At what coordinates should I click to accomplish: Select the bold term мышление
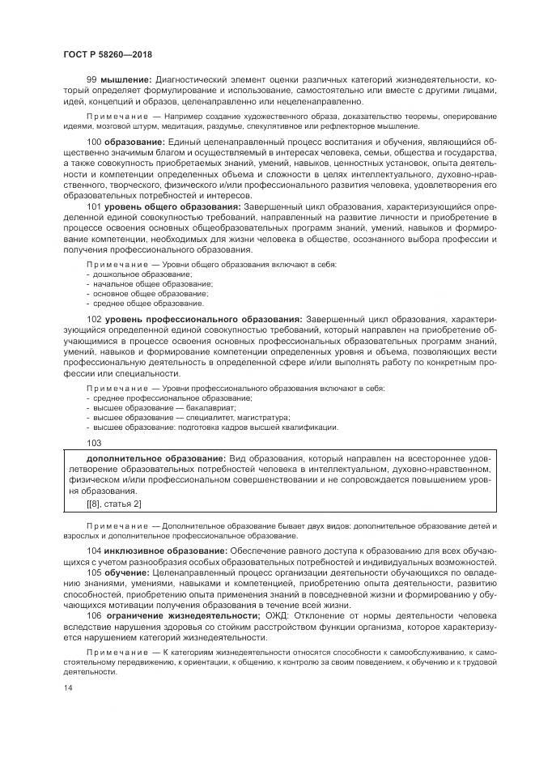[125, 79]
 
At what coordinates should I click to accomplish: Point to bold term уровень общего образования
[170, 206]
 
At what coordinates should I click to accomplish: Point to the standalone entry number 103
[94, 442]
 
